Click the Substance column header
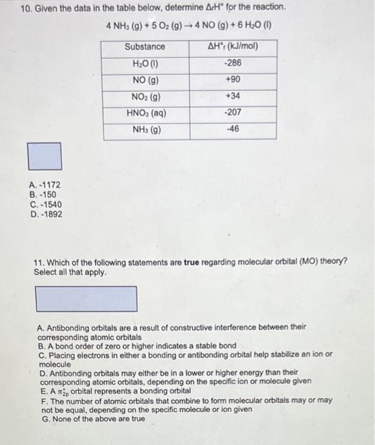[x=145, y=46]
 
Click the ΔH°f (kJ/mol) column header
[x=233, y=46]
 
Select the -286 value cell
[x=233, y=64]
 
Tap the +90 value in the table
[x=233, y=80]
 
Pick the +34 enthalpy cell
[x=233, y=97]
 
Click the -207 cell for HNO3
[x=233, y=113]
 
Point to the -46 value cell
[x=233, y=130]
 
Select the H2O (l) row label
[x=145, y=64]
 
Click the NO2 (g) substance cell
[x=145, y=97]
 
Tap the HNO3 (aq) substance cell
[x=145, y=113]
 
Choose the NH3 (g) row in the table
[x=145, y=130]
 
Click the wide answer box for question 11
[x=86, y=299]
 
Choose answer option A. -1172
[x=45, y=185]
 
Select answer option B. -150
[x=43, y=195]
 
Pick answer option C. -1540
[x=45, y=204]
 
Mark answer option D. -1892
[x=45, y=214]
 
